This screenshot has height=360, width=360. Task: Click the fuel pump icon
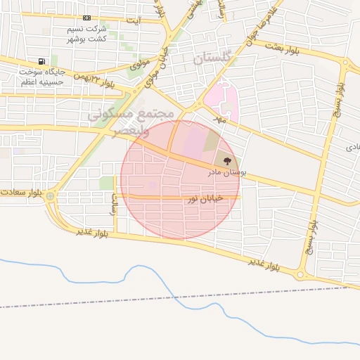[x=43, y=61]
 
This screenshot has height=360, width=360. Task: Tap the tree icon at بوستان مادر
[x=226, y=161]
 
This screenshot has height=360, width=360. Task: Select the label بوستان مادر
[x=225, y=172]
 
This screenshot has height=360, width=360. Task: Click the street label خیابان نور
[x=204, y=200]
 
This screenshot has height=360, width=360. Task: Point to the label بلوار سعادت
[x=19, y=192]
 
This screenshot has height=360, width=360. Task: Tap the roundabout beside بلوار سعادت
[x=51, y=198]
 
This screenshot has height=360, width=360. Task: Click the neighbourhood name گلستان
[x=212, y=59]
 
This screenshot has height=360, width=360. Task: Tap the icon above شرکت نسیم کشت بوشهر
[x=86, y=18]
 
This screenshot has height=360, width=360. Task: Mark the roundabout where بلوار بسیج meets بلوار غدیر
[x=301, y=275]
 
